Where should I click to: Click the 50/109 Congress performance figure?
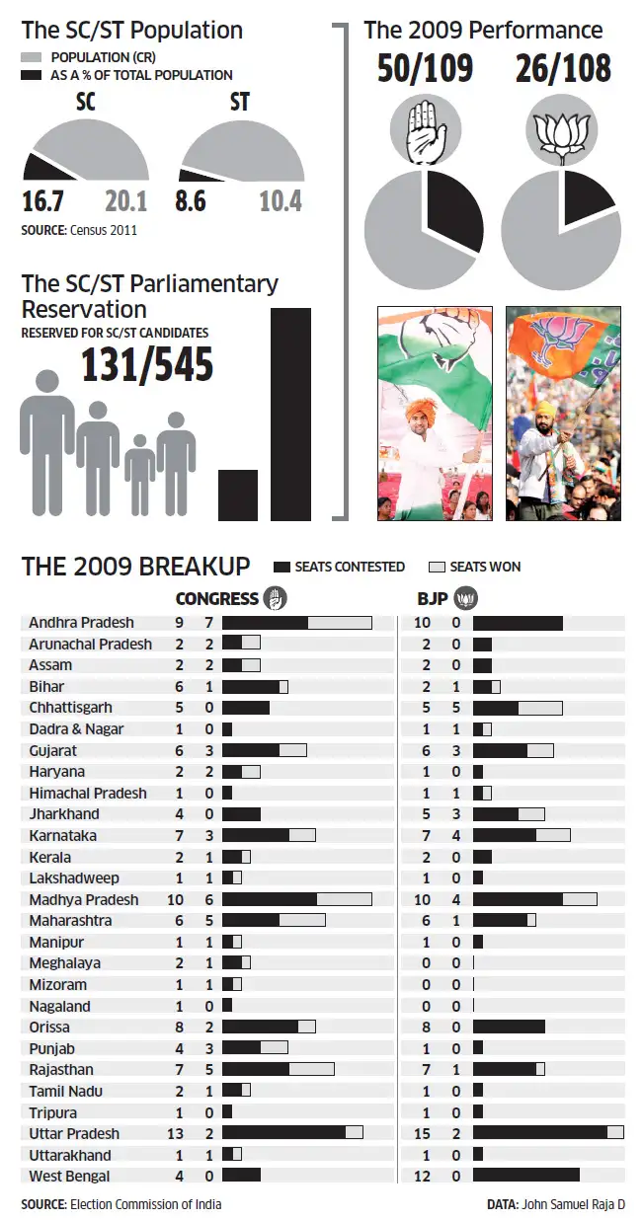click(425, 69)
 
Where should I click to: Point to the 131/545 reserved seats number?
click(146, 365)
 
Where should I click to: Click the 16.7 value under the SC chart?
click(42, 202)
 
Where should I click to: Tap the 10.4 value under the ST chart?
click(281, 202)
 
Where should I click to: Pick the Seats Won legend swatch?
click(437, 567)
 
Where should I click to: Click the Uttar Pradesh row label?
click(74, 1133)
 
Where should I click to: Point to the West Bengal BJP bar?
click(525, 1176)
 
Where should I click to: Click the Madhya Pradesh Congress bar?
click(296, 899)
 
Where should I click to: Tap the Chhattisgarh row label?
click(70, 708)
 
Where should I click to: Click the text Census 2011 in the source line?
click(104, 230)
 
